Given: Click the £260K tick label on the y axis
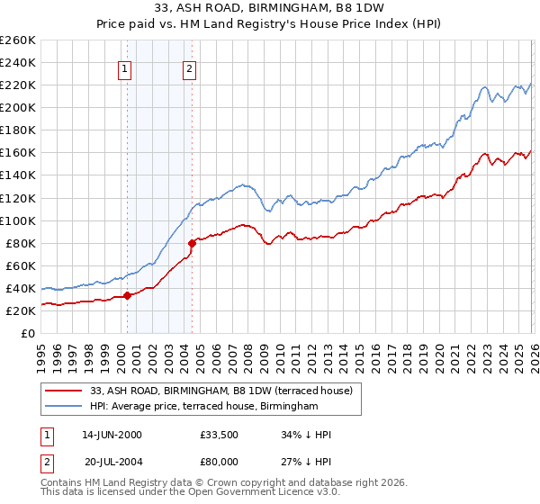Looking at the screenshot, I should tap(18, 40).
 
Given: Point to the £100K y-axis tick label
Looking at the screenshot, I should tap(18, 220).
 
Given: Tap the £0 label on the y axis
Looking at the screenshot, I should tap(28, 333).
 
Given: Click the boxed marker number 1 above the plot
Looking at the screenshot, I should tap(124, 69).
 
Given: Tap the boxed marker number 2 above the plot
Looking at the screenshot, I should tap(190, 69).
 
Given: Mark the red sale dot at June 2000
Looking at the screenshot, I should tap(128, 295).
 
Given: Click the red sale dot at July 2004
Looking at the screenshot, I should tap(192, 243).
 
